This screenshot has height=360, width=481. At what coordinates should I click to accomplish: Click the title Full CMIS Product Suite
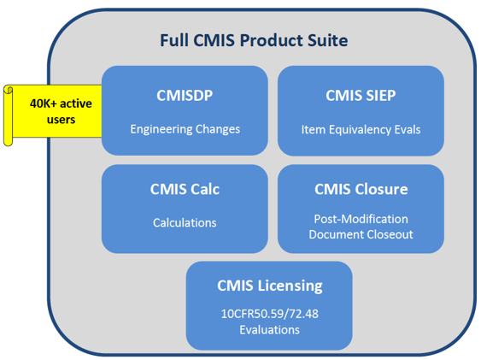click(x=254, y=40)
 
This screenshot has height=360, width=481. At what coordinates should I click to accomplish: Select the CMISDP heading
click(x=185, y=95)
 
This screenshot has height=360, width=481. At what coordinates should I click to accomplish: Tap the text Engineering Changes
click(x=185, y=129)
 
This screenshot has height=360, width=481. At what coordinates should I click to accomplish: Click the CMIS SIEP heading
click(x=361, y=95)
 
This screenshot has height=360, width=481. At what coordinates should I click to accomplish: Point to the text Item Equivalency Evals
click(x=361, y=130)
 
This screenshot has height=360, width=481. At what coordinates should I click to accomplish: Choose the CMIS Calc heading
click(x=185, y=189)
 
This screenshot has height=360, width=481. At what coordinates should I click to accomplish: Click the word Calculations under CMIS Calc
click(x=185, y=222)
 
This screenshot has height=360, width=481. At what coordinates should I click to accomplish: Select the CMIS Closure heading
click(x=361, y=189)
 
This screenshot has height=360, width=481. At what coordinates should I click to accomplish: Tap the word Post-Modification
click(x=361, y=219)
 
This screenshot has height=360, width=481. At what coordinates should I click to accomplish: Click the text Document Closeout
click(x=361, y=233)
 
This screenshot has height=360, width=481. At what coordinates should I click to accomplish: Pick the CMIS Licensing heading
click(x=269, y=285)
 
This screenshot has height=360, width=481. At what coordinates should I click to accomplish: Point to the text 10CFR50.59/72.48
click(x=269, y=315)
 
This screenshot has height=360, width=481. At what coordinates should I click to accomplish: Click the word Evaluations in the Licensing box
click(x=269, y=329)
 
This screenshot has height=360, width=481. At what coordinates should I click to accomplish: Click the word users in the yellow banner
click(x=61, y=119)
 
